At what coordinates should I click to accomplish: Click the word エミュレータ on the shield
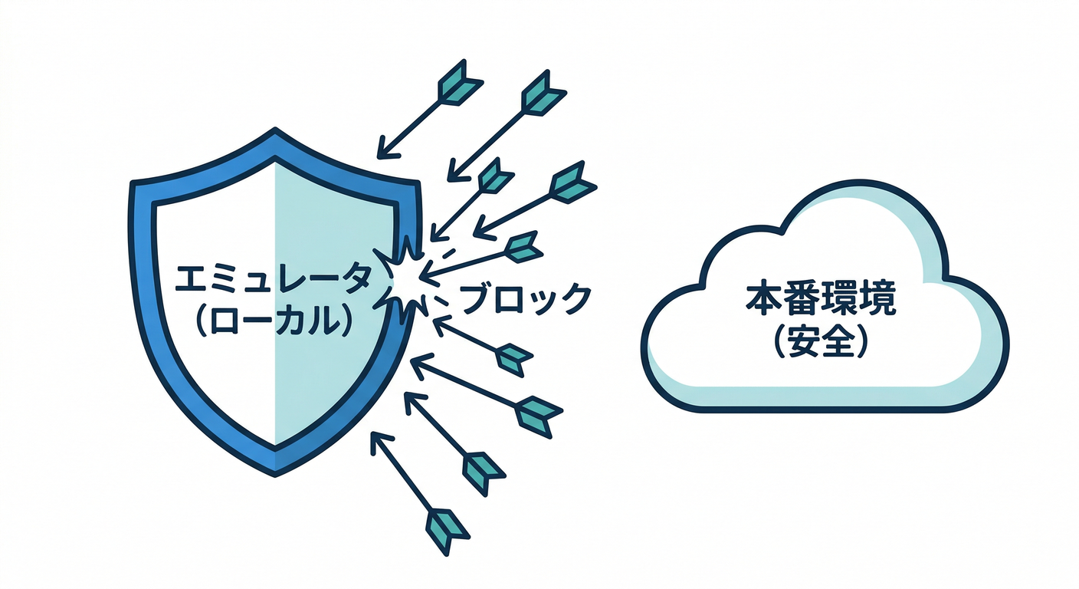[x=274, y=280]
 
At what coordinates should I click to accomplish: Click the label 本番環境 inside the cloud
[x=819, y=301]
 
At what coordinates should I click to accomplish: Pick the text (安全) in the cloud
[x=820, y=342]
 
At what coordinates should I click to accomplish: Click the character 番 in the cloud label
[x=802, y=301]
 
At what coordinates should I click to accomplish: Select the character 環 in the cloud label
[x=838, y=301]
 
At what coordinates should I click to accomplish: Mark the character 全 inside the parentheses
[x=838, y=342]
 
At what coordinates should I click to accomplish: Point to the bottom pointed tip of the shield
[x=274, y=469]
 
